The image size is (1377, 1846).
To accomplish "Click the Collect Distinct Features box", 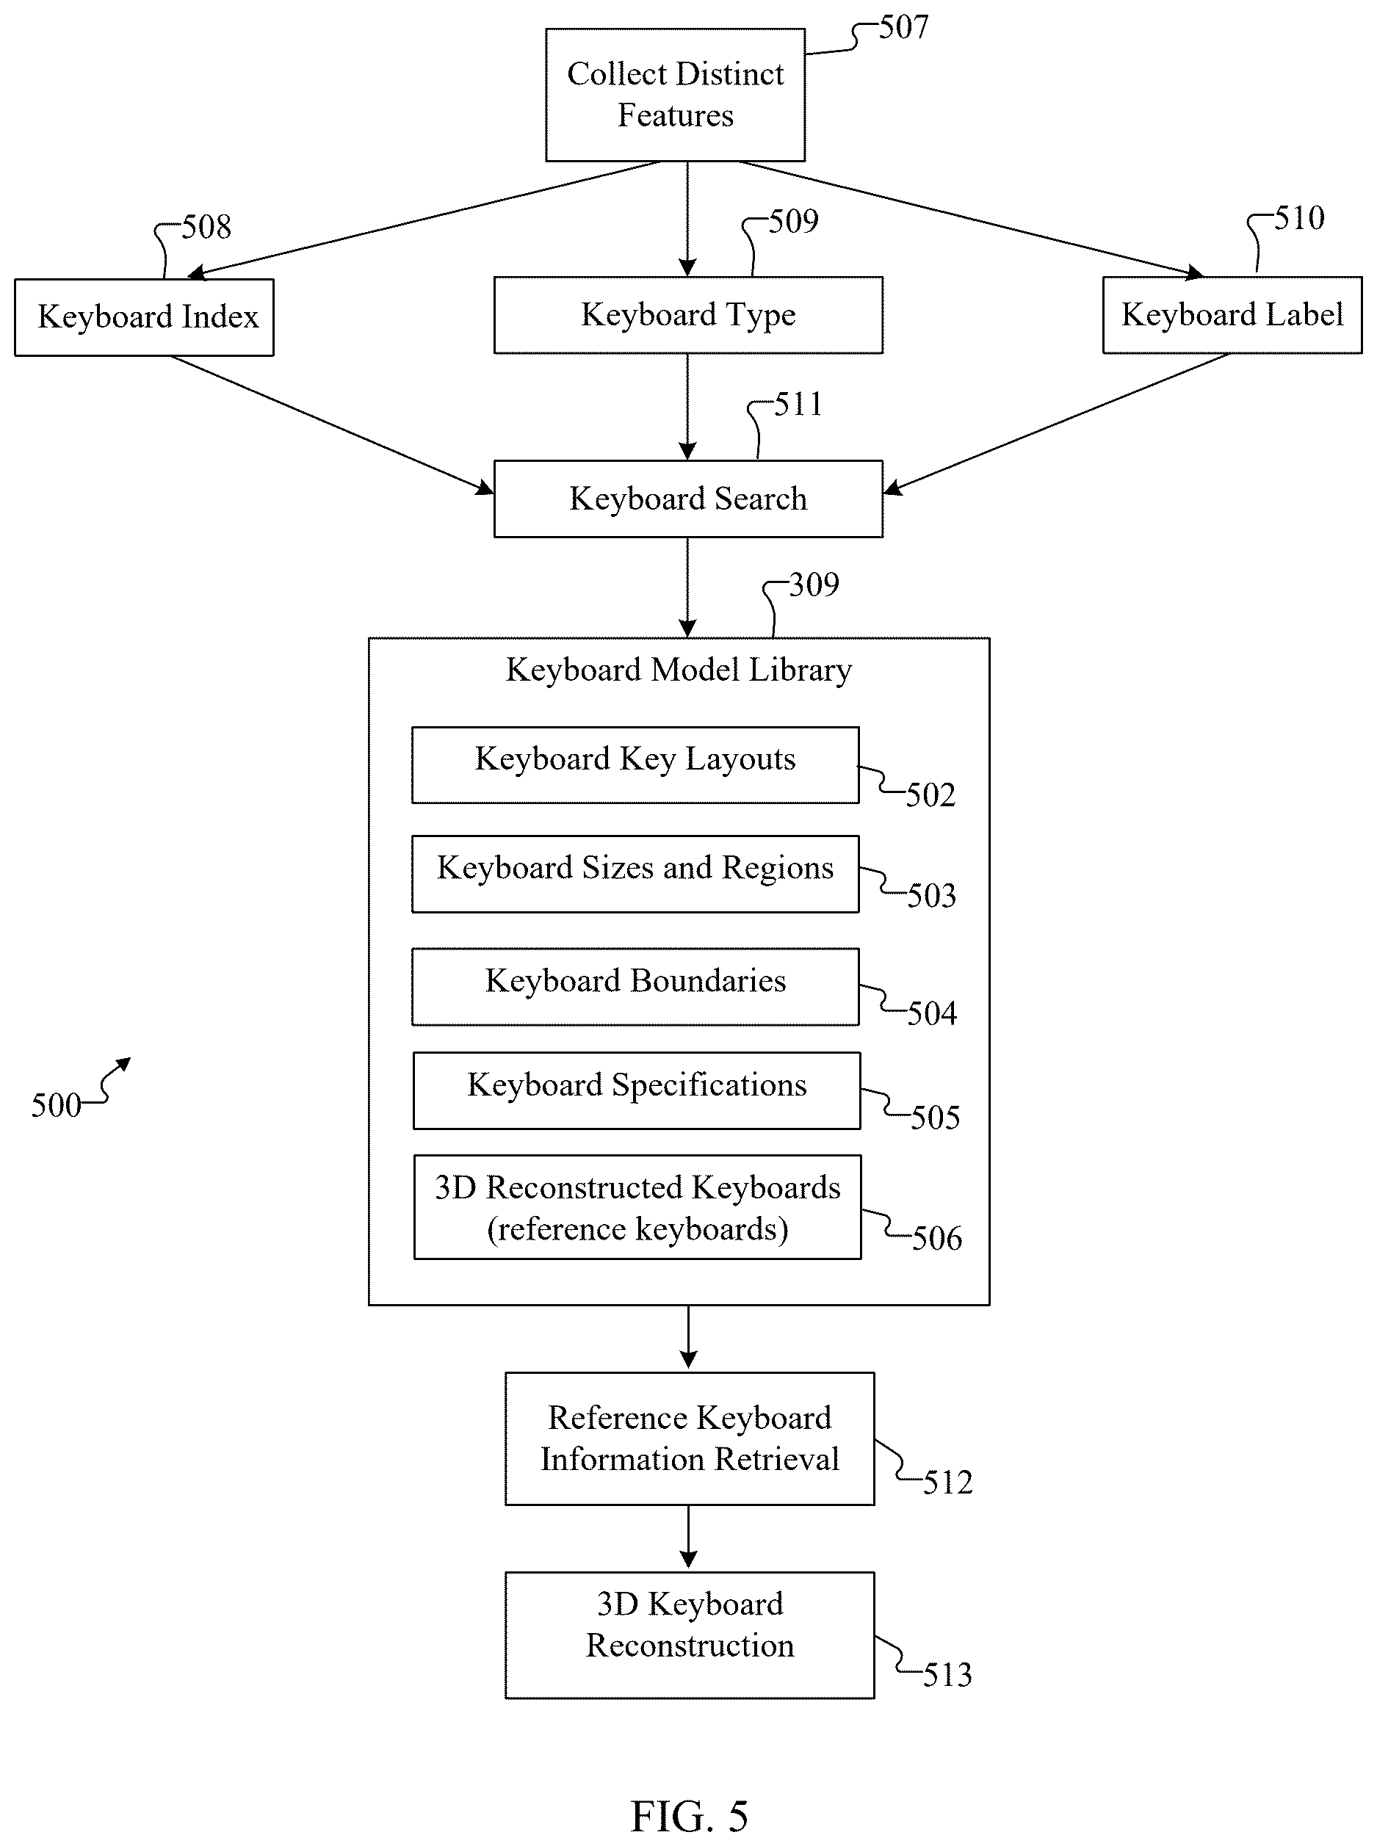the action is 675,94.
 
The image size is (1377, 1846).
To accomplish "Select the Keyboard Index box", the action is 144,317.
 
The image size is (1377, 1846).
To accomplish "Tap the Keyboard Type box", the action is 689,315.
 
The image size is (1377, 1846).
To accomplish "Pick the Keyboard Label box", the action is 1232,315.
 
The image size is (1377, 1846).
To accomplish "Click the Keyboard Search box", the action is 689,499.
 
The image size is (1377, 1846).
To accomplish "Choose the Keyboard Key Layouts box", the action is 635,765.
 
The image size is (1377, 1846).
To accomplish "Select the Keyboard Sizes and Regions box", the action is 635,875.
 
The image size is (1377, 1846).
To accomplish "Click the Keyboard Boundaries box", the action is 635,987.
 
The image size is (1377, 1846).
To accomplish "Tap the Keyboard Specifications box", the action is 637,1091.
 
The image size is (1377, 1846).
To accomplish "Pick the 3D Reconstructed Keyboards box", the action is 637,1206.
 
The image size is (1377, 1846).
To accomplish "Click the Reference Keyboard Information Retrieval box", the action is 690,1438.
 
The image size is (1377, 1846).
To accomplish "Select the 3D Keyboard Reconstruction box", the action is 690,1635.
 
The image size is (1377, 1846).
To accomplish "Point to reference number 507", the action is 903,27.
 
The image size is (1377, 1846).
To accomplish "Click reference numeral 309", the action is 814,585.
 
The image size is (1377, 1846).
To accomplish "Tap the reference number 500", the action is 56,1106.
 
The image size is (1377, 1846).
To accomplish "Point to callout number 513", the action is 947,1675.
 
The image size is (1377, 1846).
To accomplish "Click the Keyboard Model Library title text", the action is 679,670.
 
